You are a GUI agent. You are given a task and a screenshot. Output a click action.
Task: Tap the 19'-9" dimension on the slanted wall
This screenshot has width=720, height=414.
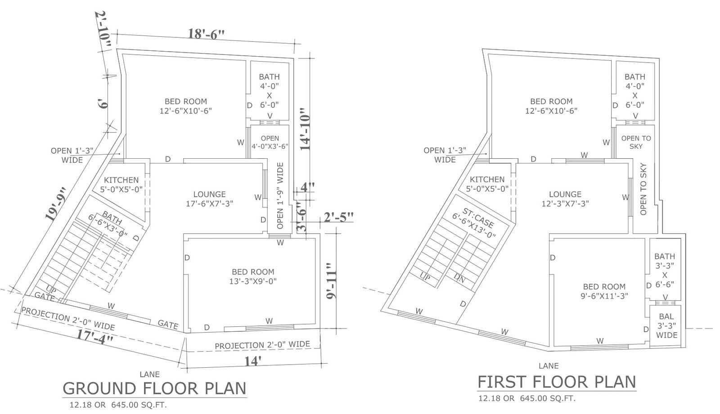tap(56, 204)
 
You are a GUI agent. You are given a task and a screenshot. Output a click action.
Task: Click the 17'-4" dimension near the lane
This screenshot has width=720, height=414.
tap(95, 337)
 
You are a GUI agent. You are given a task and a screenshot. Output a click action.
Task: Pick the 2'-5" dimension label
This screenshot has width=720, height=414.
tap(338, 218)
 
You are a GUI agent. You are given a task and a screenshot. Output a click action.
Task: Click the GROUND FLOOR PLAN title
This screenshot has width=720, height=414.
tap(155, 388)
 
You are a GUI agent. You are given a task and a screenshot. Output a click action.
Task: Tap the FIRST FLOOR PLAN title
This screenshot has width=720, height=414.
tap(557, 382)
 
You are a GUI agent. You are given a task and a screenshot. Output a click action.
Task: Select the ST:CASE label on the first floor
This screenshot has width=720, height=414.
tap(478, 218)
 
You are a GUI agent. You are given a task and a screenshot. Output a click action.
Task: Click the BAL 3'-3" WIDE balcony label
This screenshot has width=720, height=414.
tap(666, 326)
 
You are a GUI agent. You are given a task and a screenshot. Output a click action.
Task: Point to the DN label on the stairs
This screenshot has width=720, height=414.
tap(459, 278)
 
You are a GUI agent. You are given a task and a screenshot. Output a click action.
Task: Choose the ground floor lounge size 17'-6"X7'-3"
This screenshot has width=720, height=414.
tap(210, 204)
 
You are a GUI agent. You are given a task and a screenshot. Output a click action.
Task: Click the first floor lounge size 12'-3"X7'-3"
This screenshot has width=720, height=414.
tap(565, 204)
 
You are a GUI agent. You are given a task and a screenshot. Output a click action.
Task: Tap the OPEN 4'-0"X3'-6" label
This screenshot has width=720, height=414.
tap(270, 142)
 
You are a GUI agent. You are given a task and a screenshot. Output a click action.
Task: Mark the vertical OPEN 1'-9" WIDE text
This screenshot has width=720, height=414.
tap(280, 196)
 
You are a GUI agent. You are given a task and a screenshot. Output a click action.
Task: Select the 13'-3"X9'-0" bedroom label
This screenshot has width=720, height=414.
tap(253, 281)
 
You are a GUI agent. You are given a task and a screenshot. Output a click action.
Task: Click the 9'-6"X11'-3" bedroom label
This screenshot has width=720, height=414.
tap(604, 296)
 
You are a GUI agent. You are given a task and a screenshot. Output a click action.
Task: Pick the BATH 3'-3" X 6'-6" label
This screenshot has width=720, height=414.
tap(665, 271)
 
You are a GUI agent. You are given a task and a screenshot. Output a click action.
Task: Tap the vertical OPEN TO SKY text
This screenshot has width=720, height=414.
tap(643, 189)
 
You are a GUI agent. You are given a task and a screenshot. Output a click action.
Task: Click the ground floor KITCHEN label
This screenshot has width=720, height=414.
tap(121, 180)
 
